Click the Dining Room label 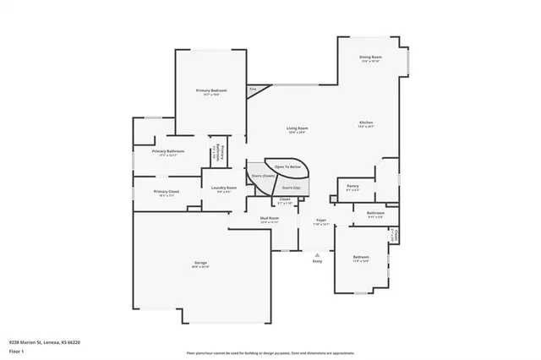(x=370, y=58)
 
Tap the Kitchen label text (x=366, y=123)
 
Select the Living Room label (x=296, y=128)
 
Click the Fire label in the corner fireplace (x=252, y=89)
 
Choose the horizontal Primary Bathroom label (x=168, y=151)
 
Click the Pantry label (x=352, y=188)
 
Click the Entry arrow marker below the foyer (x=317, y=259)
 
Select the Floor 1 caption (x=16, y=349)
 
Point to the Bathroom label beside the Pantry (x=375, y=213)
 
